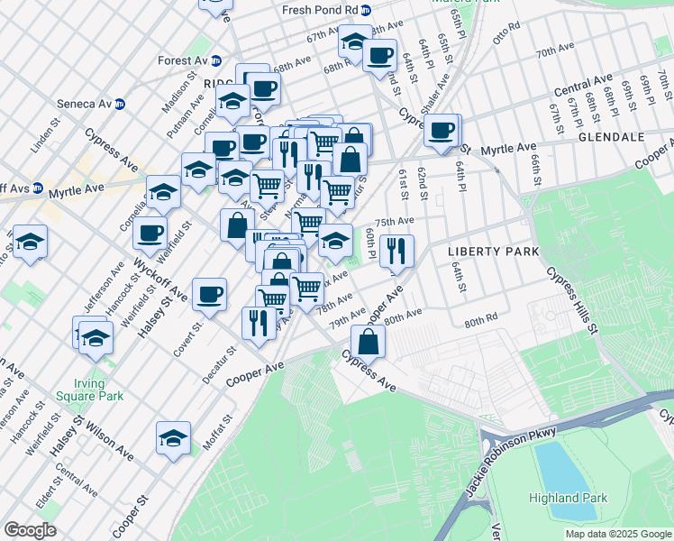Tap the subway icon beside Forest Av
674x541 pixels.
pos(216,61)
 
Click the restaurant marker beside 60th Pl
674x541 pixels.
pos(396,252)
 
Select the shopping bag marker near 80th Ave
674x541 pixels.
pos(368,342)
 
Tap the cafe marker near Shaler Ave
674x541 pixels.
pos(442,130)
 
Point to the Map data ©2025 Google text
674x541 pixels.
pos(618,534)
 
